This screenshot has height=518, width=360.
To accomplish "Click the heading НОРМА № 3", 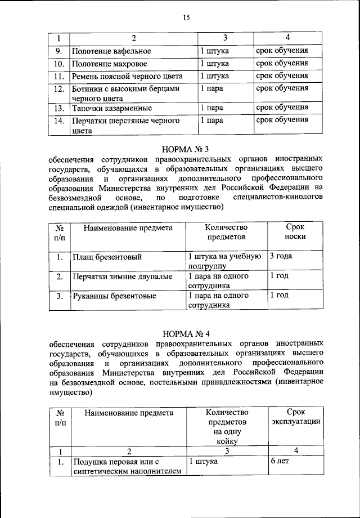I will tap(185, 149).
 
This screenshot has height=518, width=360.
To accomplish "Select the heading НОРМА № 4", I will tap(185, 333).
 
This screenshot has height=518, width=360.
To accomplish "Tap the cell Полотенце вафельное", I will tap(111, 51).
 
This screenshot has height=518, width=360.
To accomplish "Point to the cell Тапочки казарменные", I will tap(111, 108).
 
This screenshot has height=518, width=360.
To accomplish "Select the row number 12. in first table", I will tap(58, 89).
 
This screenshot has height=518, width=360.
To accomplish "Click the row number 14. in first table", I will tap(58, 120).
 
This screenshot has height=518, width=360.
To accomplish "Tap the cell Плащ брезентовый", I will tap(106, 257).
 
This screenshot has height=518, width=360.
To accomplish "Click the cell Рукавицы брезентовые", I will tap(114, 295).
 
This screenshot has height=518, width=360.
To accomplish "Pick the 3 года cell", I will tap(281, 257).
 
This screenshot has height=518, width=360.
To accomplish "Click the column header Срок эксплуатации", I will tap(295, 417).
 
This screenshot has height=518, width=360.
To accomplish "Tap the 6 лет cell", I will tap(280, 461).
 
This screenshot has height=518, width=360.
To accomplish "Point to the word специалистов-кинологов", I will tap(278, 198).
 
